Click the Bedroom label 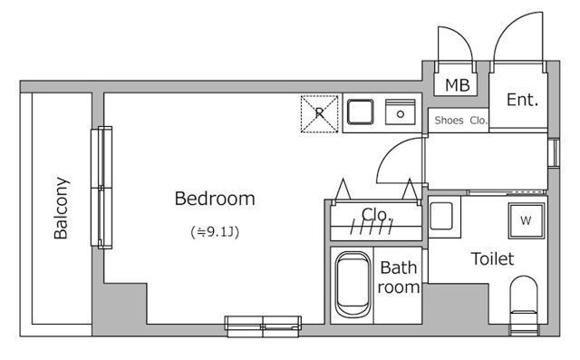click(215, 199)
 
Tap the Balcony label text click(61, 208)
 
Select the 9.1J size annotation click(215, 232)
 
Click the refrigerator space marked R click(319, 113)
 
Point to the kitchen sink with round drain click(401, 112)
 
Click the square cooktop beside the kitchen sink click(361, 112)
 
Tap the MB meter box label click(457, 85)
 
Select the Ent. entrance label click(522, 100)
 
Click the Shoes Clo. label click(461, 121)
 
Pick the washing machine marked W click(526, 221)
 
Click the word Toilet click(492, 258)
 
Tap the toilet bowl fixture click(524, 299)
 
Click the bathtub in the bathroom click(353, 285)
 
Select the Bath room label click(399, 277)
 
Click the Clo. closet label click(377, 215)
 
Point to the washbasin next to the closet click(441, 216)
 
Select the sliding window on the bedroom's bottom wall click(263, 326)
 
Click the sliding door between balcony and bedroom click(101, 188)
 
